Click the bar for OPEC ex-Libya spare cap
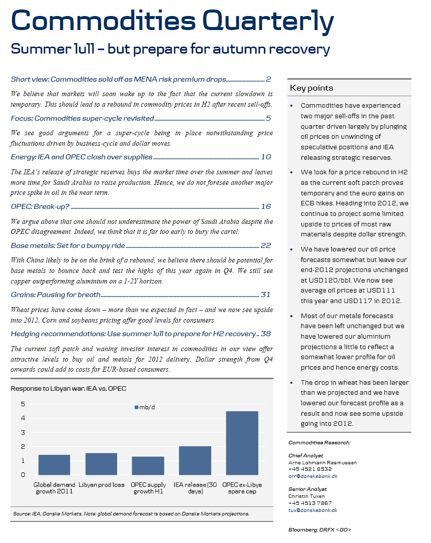pos(242,443)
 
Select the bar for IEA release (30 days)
pos(195,460)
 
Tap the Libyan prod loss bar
pos(101,464)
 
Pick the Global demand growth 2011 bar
pos(54,465)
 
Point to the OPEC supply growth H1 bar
pos(148,466)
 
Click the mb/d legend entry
pos(145,408)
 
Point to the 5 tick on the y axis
pos(23,404)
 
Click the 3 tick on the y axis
pos(23,432)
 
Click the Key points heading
pos(311,88)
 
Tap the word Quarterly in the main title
pos(268,21)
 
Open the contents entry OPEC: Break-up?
pos(40,206)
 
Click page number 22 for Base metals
pos(266,245)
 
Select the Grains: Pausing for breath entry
pos(56,295)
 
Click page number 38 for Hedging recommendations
pos(266,334)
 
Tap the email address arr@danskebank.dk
pos(313,476)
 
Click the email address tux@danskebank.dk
pos(313,510)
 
